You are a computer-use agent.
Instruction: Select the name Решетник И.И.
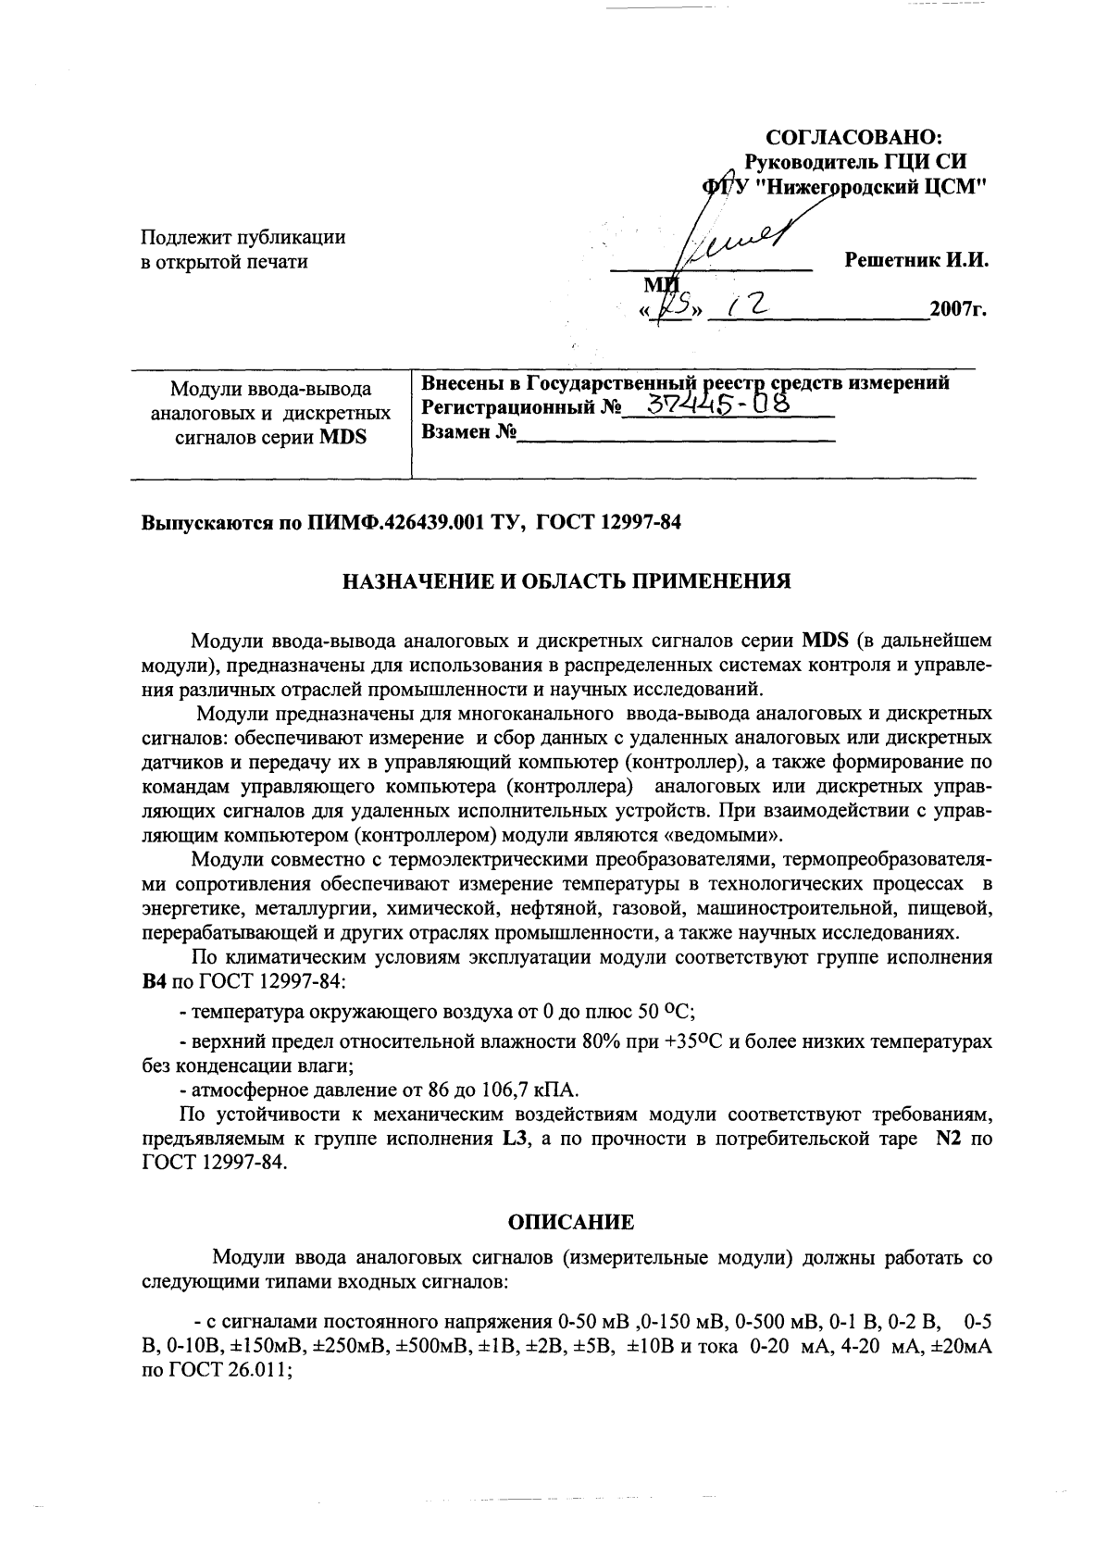[916, 261]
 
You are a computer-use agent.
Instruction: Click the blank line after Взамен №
[676, 433]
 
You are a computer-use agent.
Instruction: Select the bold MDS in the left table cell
[342, 437]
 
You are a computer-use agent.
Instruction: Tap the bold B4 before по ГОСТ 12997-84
[154, 980]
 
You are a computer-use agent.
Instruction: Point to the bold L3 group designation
[515, 1139]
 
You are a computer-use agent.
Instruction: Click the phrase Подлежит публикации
[243, 237]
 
